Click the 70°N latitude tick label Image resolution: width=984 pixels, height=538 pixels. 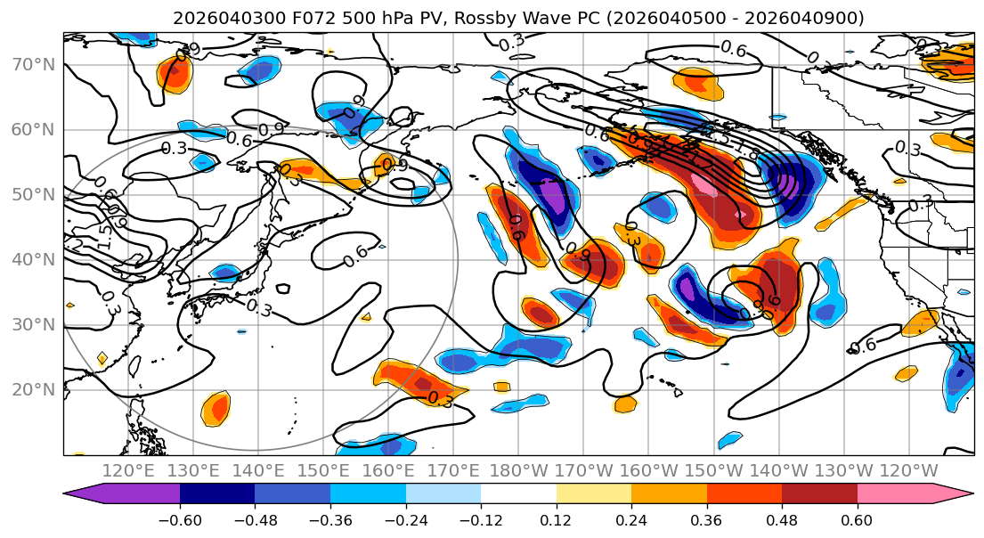[32, 65]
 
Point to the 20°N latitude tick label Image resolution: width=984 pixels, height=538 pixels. [32, 389]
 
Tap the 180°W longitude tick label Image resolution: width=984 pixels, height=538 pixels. [517, 470]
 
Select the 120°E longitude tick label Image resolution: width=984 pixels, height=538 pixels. [128, 470]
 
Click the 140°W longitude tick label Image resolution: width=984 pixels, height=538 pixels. [777, 470]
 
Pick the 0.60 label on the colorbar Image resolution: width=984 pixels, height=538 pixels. [857, 520]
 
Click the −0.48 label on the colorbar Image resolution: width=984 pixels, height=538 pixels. [254, 520]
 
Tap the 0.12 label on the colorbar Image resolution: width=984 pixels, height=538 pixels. [557, 520]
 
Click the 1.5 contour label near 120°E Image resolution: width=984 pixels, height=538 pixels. [105, 235]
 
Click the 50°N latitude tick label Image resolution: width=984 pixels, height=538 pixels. [32, 195]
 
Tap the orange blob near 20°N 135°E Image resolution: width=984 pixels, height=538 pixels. [216, 409]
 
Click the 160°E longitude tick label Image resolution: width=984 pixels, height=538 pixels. [388, 470]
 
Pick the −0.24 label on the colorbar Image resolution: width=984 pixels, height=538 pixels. [405, 520]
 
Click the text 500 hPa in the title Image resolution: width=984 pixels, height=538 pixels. [375, 18]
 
